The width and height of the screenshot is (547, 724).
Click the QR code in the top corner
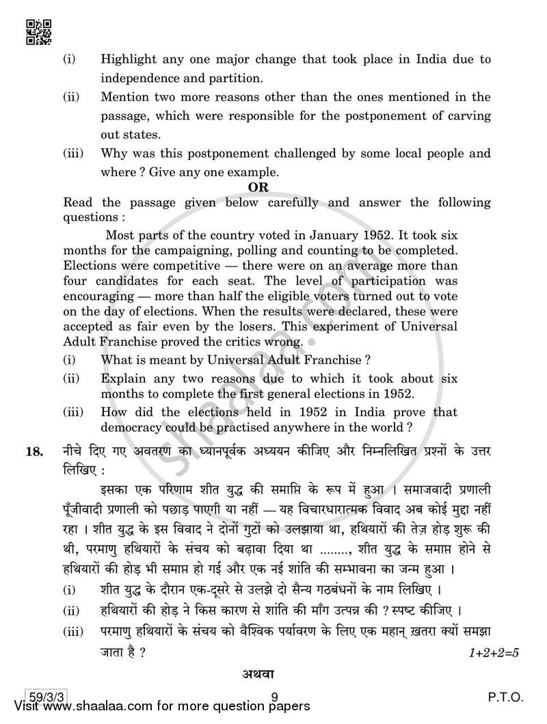coord(38,31)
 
